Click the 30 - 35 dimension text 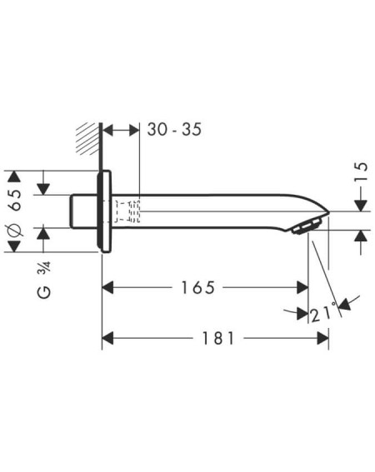click(x=174, y=130)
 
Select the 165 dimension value click(x=197, y=287)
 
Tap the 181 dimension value click(x=218, y=338)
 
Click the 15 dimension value click(x=361, y=171)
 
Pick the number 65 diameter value click(x=15, y=201)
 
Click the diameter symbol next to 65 click(x=15, y=231)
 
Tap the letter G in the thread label click(x=44, y=292)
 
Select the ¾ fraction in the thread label click(x=44, y=268)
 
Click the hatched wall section click(x=87, y=139)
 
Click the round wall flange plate click(x=105, y=211)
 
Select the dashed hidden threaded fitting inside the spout click(x=127, y=211)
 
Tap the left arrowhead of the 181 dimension click(x=107, y=338)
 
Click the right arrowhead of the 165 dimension click(x=302, y=287)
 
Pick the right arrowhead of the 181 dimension click(x=322, y=338)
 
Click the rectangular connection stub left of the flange click(x=84, y=211)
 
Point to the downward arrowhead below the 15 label click(x=361, y=206)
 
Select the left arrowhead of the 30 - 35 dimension click(x=107, y=131)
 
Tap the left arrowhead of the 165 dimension click(x=107, y=287)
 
